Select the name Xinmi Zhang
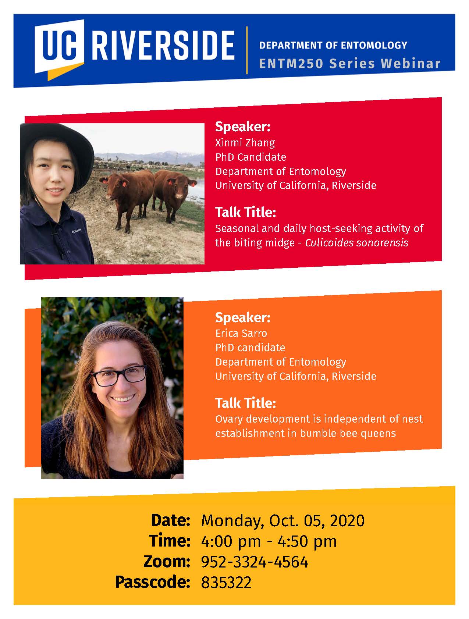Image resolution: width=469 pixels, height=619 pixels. [245, 143]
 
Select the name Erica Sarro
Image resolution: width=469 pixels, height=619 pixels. [241, 333]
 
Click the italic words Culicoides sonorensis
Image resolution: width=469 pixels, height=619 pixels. [356, 243]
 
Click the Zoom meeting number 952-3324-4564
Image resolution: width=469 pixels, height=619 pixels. [255, 562]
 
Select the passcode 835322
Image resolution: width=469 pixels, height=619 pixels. [226, 583]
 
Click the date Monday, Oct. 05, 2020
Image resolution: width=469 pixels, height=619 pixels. [283, 521]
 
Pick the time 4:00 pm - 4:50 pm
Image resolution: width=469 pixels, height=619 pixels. [269, 541]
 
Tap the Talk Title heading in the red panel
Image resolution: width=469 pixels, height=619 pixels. [245, 212]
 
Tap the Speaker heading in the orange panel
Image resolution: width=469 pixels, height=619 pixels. [243, 317]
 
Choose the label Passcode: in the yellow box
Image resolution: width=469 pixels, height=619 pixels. [152, 582]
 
